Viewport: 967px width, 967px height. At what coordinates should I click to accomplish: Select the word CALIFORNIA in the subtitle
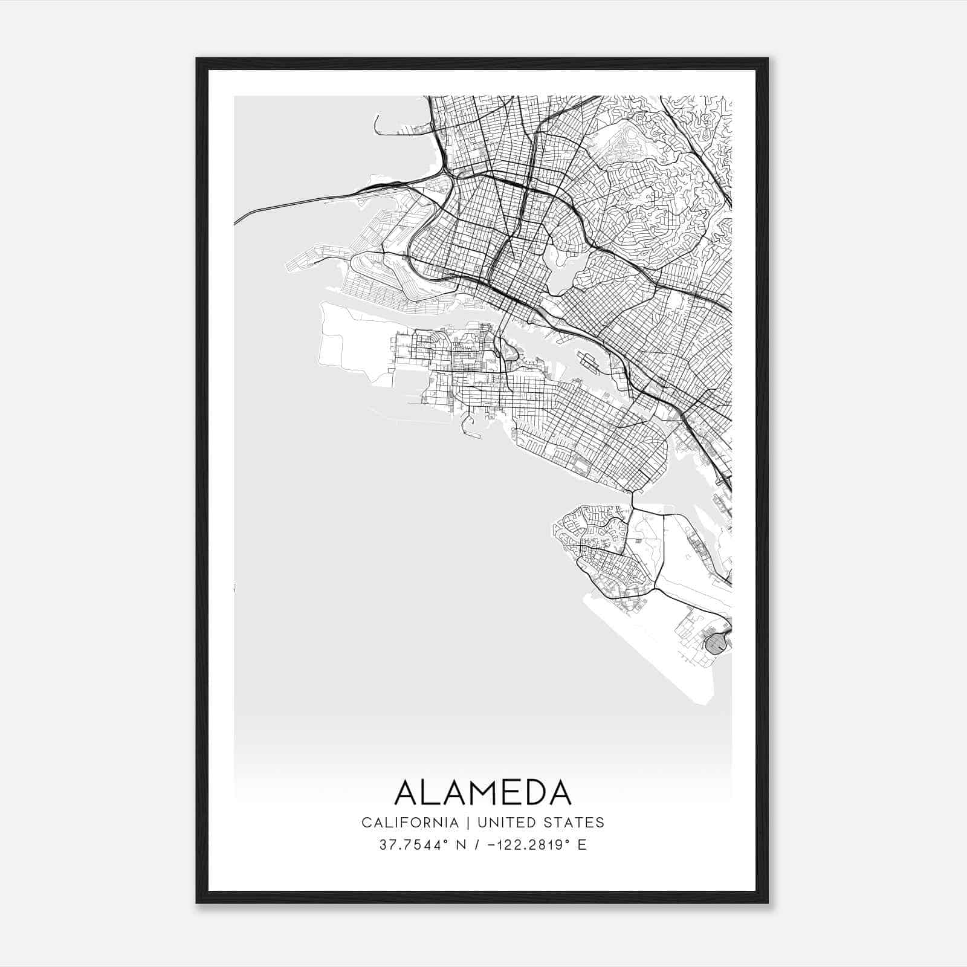pos(410,823)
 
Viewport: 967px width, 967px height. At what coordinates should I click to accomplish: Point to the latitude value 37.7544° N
pos(421,845)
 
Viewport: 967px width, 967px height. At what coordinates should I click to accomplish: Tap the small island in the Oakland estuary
pos(587,361)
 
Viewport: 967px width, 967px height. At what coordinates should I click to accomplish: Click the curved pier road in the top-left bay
pos(377,125)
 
